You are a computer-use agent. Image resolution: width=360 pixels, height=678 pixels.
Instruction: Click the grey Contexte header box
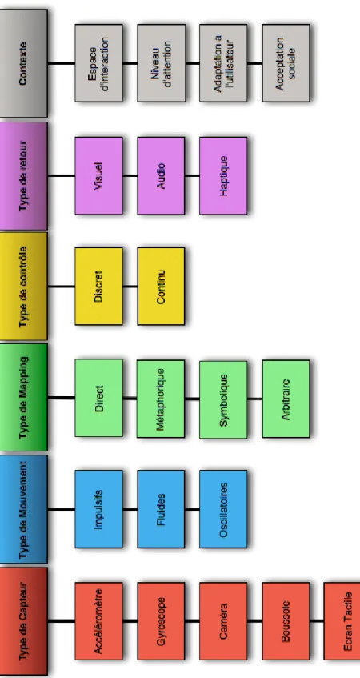[x=23, y=63]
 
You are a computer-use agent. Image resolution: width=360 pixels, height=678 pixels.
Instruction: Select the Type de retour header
[x=23, y=175]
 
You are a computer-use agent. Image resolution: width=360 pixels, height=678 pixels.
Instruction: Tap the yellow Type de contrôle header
[x=23, y=287]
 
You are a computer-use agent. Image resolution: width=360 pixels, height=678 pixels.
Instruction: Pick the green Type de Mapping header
[x=23, y=397]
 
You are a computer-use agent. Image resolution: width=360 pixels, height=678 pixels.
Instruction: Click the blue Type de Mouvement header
[x=23, y=509]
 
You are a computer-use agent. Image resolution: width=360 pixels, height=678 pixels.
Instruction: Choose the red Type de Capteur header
[x=23, y=621]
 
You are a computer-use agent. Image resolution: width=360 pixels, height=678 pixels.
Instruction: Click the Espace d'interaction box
[x=98, y=63]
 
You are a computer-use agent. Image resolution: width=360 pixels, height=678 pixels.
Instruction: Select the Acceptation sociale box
[x=286, y=63]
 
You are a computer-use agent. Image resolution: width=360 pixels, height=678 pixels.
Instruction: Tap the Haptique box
[x=223, y=175]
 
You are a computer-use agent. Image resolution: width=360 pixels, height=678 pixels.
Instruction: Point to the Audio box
[x=162, y=175]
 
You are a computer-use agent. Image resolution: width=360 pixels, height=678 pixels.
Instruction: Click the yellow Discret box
[x=98, y=287]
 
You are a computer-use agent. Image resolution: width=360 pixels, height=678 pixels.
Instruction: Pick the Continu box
[x=162, y=287]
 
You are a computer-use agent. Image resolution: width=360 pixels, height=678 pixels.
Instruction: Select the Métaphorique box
[x=161, y=399]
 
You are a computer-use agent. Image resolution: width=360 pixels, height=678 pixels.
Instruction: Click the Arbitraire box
[x=286, y=399]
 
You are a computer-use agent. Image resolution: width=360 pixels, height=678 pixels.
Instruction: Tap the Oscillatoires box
[x=223, y=509]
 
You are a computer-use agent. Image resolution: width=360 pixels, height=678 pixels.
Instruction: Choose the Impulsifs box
[x=98, y=509]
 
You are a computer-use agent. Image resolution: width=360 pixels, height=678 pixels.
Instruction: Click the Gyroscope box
[x=162, y=621]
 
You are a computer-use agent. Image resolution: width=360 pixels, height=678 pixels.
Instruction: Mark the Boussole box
[x=286, y=621]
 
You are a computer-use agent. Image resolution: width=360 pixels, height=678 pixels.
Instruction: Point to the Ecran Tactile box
[x=342, y=621]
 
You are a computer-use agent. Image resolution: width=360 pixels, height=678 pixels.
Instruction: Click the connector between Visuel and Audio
[x=130, y=175]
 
